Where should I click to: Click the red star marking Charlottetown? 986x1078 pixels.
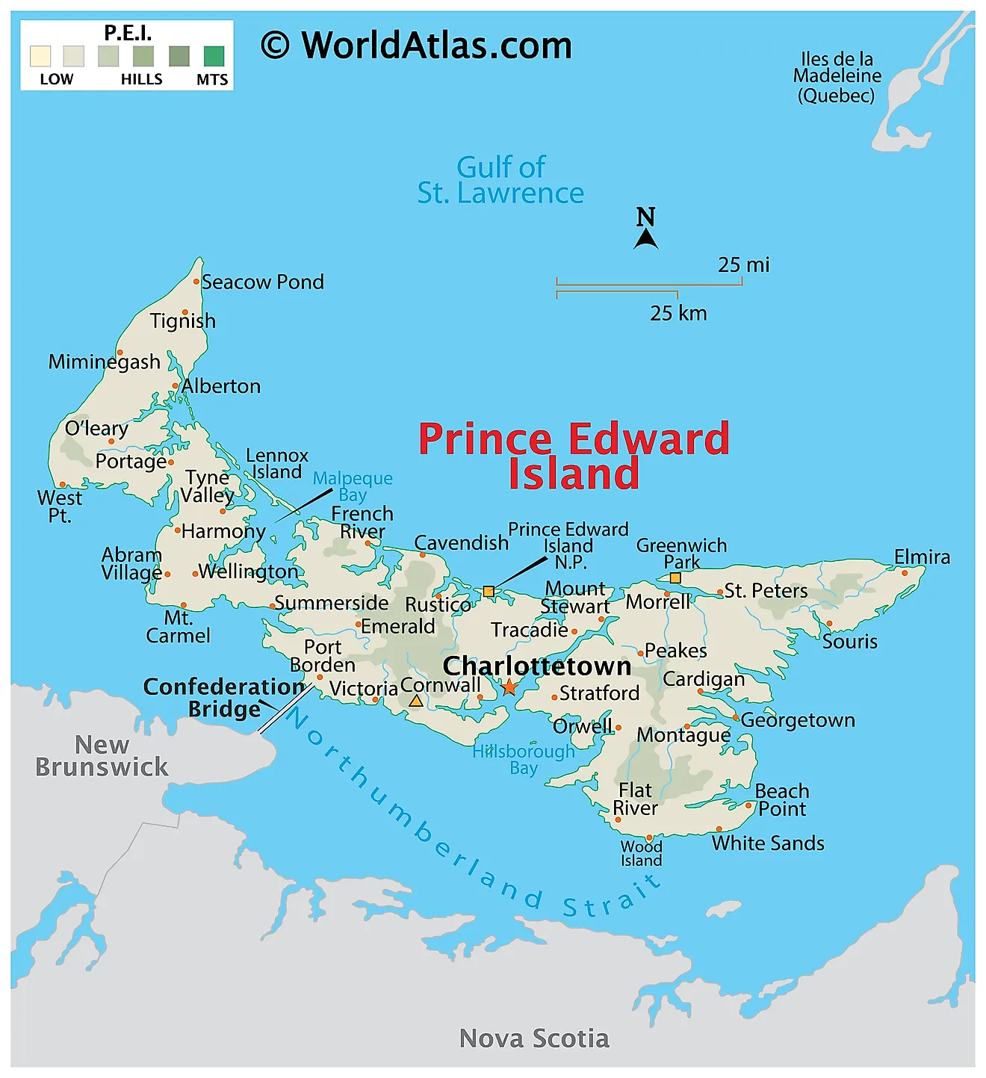[x=509, y=687]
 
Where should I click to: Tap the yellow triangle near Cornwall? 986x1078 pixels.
[x=416, y=701]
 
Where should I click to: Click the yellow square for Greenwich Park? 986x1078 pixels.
[x=675, y=578]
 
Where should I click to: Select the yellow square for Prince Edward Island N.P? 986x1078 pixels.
[x=489, y=592]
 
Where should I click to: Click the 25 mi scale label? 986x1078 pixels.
[x=743, y=265]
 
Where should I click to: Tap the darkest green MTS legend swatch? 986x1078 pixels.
[x=214, y=57]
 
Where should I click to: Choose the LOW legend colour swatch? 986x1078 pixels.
[x=40, y=57]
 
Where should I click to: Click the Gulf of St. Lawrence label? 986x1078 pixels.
[x=500, y=180]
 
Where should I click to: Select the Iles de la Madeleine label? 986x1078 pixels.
[x=837, y=77]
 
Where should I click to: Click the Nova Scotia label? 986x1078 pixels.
[x=534, y=1038]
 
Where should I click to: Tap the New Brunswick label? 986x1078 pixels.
[x=102, y=755]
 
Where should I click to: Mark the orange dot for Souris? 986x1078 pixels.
[x=829, y=624]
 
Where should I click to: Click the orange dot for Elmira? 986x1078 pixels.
[x=905, y=573]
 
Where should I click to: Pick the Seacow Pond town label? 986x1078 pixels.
[x=262, y=282]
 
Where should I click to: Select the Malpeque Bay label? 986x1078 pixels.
[x=353, y=486]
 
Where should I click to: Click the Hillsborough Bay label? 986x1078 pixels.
[x=524, y=759]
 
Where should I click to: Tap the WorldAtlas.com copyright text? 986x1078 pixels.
[x=416, y=46]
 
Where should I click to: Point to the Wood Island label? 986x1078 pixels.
[x=641, y=853]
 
